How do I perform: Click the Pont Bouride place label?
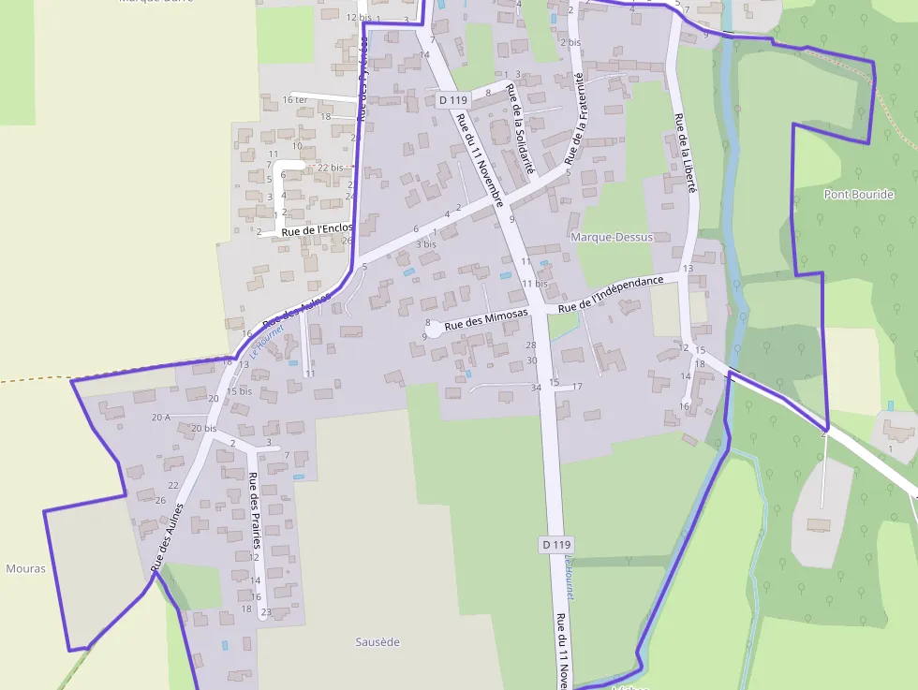click(859, 195)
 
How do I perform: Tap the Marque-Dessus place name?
click(612, 238)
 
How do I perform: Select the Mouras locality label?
click(25, 568)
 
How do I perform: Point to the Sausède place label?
click(378, 642)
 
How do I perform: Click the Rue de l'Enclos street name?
click(317, 228)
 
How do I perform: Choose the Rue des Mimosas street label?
click(486, 318)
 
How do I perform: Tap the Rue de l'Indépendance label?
click(611, 294)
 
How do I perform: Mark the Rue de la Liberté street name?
click(687, 154)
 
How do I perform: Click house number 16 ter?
click(294, 100)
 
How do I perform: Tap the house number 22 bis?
click(330, 168)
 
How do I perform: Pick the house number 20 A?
click(160, 417)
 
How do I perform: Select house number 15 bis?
click(239, 391)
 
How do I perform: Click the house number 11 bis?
click(535, 284)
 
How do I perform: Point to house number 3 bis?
click(426, 244)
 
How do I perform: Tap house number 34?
click(536, 388)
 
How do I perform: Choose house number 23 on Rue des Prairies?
click(266, 612)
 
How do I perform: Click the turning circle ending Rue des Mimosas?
click(435, 329)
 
